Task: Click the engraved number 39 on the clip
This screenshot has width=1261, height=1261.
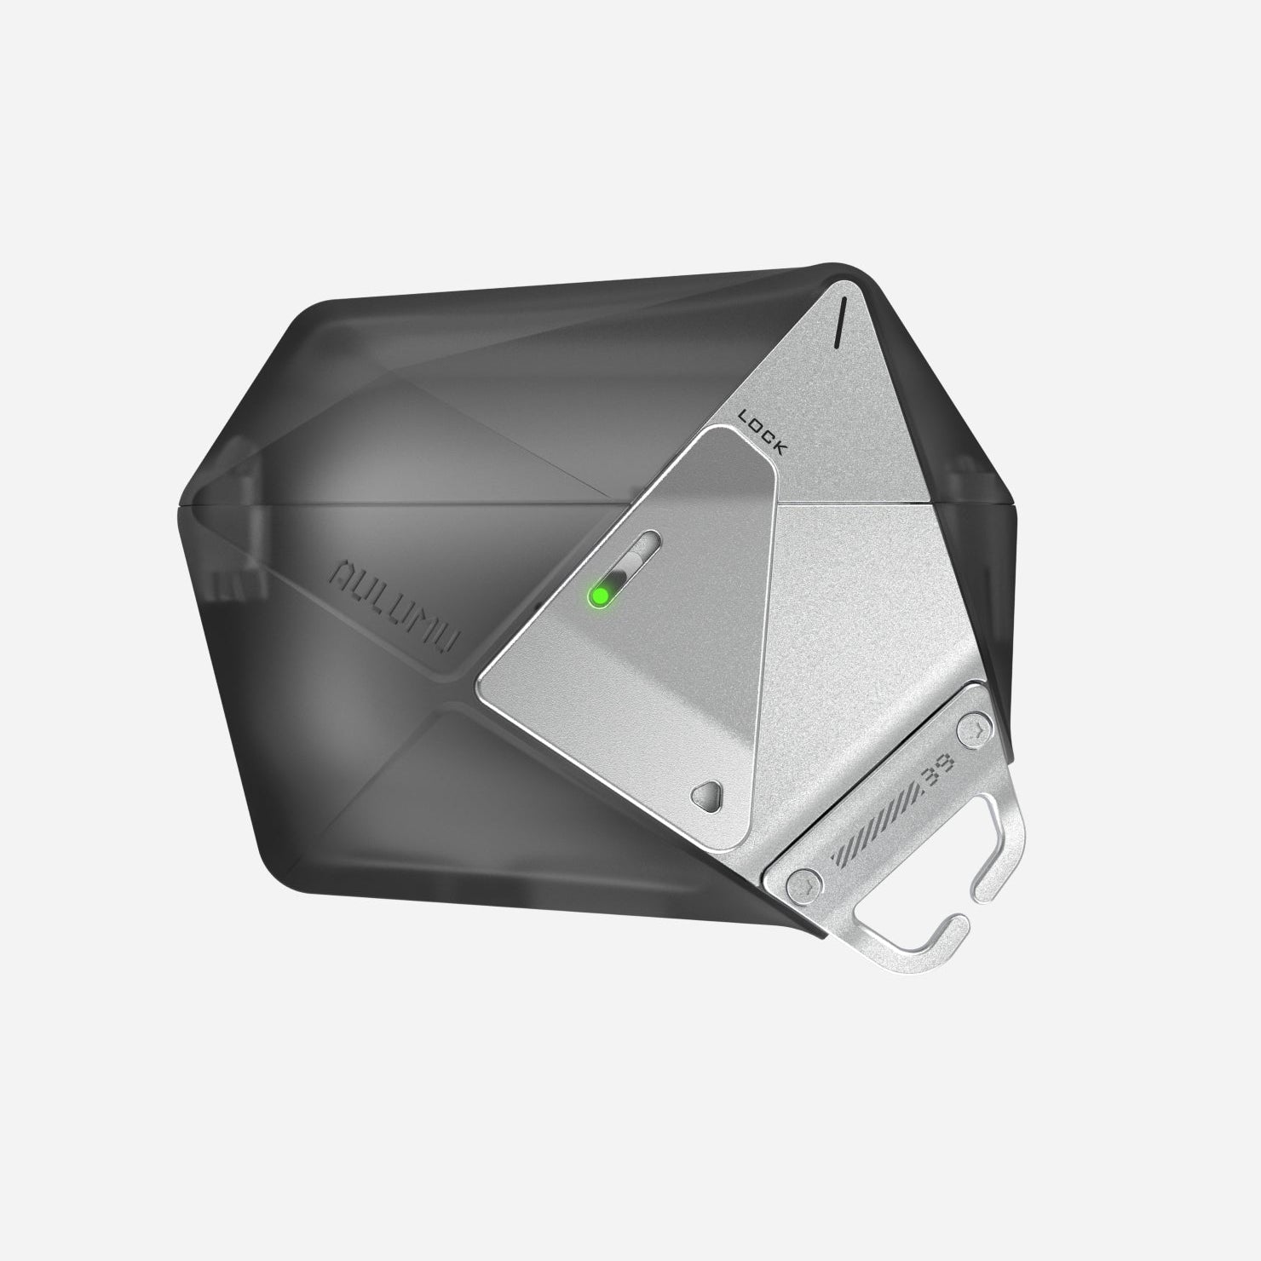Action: click(932, 780)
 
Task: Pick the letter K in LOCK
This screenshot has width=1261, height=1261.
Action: click(781, 446)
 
